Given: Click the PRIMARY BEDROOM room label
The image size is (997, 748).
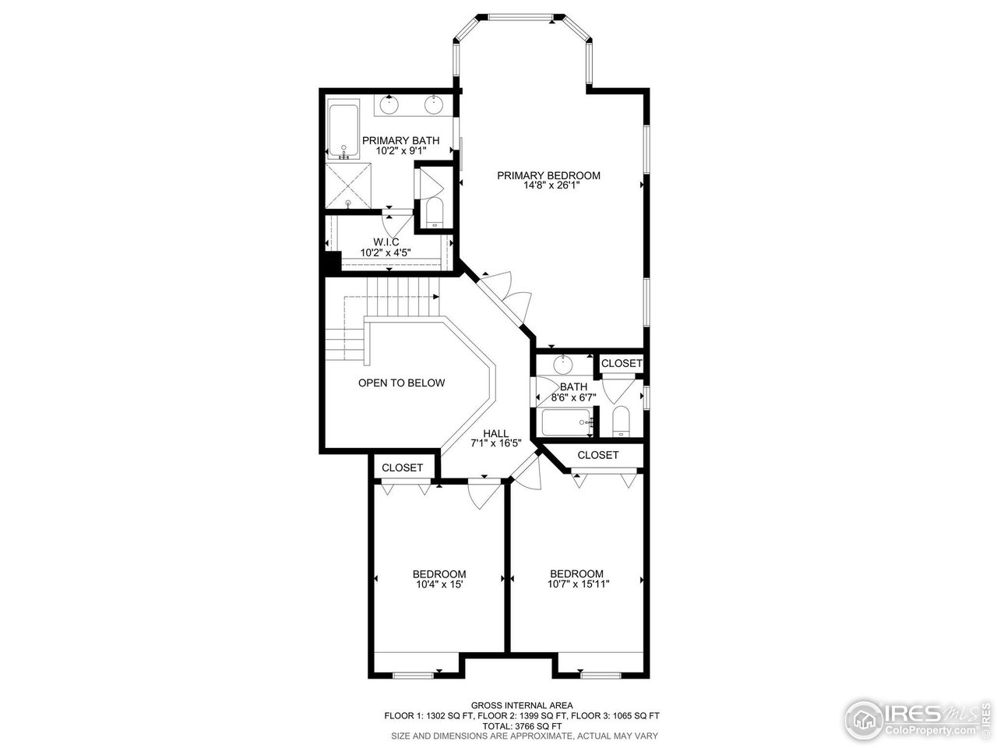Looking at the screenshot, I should (548, 175).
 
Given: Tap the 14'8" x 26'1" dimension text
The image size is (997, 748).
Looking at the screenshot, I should (548, 185).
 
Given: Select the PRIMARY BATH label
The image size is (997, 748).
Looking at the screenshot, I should (400, 140).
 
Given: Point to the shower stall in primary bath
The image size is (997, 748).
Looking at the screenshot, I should (348, 186).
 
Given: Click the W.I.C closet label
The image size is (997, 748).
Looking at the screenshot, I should (386, 242).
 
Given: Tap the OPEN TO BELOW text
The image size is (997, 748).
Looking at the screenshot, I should (401, 383).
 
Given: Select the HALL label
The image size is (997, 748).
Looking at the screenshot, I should (495, 434).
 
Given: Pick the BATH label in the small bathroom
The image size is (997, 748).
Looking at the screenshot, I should (573, 386).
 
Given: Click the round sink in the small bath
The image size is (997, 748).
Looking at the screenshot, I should (563, 364).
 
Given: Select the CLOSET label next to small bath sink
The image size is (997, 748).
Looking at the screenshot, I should (622, 363).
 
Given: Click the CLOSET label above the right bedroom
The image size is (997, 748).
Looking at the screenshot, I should (598, 455).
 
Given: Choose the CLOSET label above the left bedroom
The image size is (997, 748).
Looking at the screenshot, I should (402, 467).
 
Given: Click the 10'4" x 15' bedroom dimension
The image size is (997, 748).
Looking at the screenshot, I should (439, 584).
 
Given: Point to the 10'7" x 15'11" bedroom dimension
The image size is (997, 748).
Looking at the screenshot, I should (576, 584).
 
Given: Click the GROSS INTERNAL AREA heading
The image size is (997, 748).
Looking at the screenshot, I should (522, 704).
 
